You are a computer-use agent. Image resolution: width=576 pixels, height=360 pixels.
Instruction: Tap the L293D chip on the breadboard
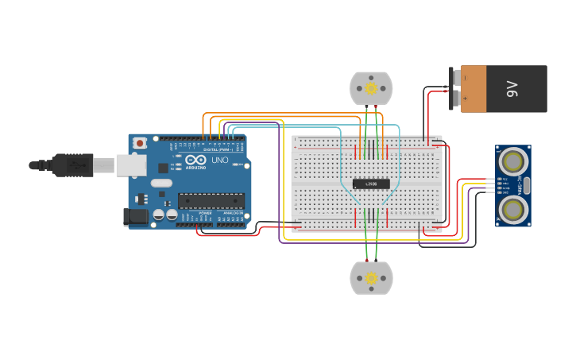pyautogui.click(x=371, y=184)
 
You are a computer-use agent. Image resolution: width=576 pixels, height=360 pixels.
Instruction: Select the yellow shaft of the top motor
pyautogui.click(x=371, y=88)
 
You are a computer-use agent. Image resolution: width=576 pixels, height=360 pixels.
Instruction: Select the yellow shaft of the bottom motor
pyautogui.click(x=371, y=277)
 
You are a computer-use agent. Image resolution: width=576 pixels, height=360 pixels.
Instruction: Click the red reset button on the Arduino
pyautogui.click(x=140, y=143)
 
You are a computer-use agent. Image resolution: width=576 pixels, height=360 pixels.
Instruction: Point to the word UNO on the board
pyautogui.click(x=219, y=160)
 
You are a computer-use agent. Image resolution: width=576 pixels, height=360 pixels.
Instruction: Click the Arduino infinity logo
pyautogui.click(x=195, y=159)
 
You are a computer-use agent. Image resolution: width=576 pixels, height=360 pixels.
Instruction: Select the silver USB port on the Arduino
pyautogui.click(x=131, y=165)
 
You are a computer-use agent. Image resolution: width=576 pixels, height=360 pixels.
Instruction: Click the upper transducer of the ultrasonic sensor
pyautogui.click(x=513, y=162)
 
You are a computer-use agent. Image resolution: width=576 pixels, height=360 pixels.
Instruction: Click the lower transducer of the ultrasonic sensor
pyautogui.click(x=513, y=208)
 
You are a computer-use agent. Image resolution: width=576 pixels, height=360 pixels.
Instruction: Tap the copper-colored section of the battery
pyautogui.click(x=473, y=89)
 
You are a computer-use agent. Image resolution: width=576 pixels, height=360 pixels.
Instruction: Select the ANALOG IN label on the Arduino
pyautogui.click(x=233, y=213)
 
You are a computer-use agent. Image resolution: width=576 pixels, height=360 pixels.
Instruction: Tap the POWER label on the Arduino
pyautogui.click(x=205, y=213)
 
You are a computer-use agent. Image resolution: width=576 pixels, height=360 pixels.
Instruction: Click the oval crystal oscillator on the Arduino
pyautogui.click(x=160, y=183)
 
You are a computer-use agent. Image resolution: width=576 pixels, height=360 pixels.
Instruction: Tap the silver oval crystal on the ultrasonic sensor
pyautogui.click(x=526, y=185)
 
